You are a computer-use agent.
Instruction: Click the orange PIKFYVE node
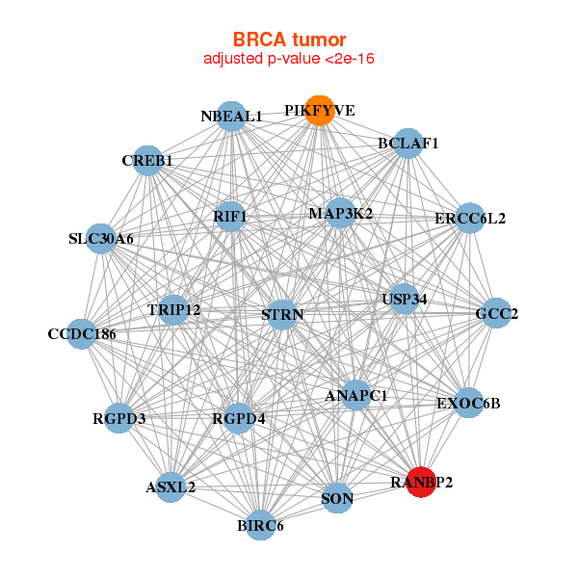coord(320,111)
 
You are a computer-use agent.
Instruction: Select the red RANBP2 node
coord(421,482)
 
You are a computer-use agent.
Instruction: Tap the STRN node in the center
coord(282,315)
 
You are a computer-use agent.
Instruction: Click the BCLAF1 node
coord(408,144)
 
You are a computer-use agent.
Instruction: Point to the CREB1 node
coord(147,160)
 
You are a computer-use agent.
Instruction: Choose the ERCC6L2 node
coord(469,218)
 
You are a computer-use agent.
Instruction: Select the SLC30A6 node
coord(101,238)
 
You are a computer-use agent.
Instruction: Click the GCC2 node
coord(495,313)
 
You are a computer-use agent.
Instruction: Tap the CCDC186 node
coord(82,334)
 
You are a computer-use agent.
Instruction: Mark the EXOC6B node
coord(468,403)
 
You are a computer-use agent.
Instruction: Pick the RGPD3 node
coord(118,418)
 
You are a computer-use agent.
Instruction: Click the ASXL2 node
coord(171,487)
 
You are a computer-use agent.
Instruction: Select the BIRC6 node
coord(260,526)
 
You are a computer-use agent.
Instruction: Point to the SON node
coord(336,498)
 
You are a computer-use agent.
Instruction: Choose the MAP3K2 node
coord(340,213)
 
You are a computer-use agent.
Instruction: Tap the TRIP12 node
coord(174,310)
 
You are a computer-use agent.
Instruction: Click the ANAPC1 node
coord(356,395)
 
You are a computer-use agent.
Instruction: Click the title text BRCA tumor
coord(289,39)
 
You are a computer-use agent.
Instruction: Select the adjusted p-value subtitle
coord(289,59)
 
